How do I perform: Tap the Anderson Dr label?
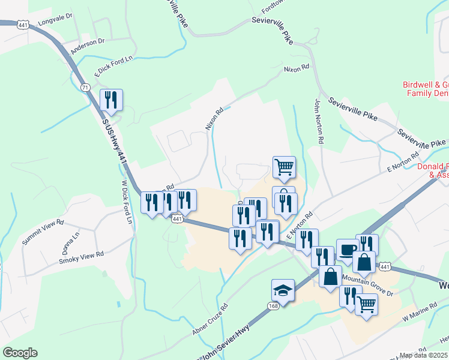87,46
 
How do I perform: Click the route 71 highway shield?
86,88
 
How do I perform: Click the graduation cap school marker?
283,291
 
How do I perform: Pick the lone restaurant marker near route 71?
111,100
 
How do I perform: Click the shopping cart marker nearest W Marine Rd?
366,304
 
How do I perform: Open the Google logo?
20,353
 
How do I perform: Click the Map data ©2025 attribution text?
423,355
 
